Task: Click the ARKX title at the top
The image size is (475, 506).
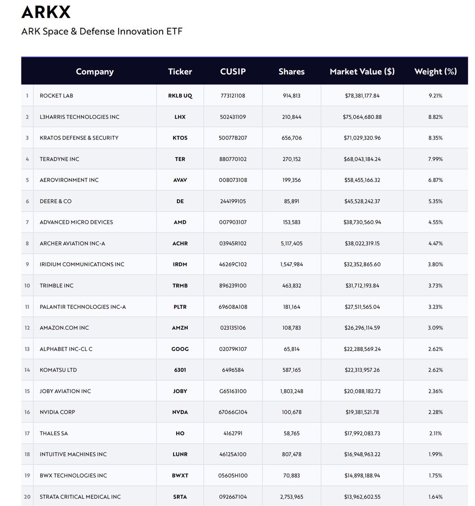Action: point(46,12)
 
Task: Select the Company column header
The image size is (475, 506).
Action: point(94,72)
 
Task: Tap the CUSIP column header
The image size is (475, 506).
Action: point(233,72)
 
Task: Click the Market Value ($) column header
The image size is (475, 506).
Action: point(362,72)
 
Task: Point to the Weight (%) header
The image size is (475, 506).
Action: point(435,72)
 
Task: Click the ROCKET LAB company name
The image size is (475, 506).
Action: point(56,96)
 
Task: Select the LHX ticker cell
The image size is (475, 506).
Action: point(180,117)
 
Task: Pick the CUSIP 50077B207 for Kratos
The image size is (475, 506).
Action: point(233,138)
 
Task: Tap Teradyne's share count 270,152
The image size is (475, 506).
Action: point(291,159)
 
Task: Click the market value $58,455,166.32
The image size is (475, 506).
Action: point(362,180)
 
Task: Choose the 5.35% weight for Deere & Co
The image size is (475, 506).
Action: point(435,201)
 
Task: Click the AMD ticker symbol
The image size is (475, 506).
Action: point(180,222)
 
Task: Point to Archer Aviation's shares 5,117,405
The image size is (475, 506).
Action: point(291,243)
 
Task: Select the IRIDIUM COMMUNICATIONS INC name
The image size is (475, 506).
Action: point(82,264)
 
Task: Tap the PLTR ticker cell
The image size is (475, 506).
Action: point(180,307)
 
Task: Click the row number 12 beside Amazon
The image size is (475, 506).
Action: point(27,328)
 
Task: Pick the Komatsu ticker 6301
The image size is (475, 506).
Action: point(180,370)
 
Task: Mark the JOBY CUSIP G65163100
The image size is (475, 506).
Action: point(233,391)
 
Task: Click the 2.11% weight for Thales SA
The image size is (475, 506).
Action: point(435,433)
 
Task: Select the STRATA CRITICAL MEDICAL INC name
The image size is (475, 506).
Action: point(80,497)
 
